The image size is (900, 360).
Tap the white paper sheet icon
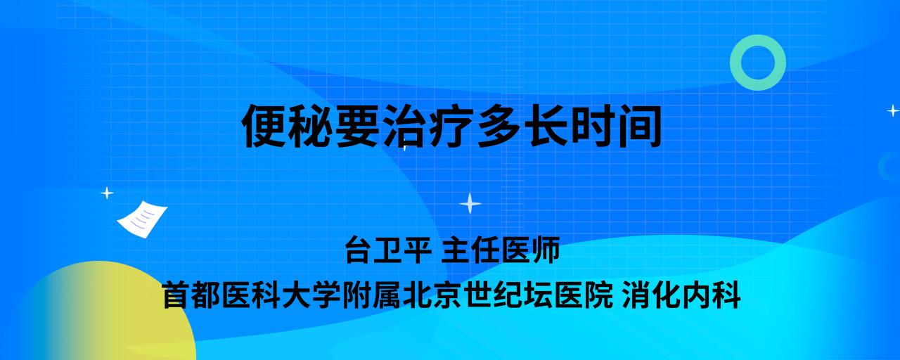click(142, 219)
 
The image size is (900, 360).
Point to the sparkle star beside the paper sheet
click(107, 193)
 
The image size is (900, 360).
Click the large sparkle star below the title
click(470, 204)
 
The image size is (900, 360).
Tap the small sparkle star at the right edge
click(893, 110)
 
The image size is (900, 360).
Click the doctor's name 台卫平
click(388, 250)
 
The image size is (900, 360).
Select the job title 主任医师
click(501, 250)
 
